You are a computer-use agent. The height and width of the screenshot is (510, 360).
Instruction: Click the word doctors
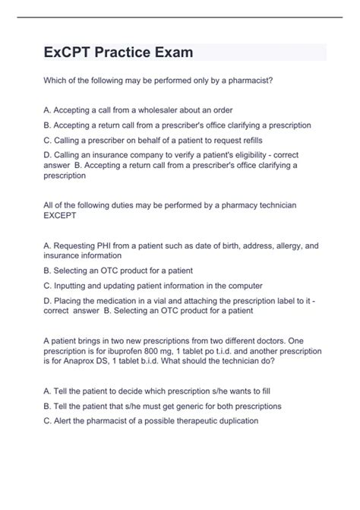(x=281, y=341)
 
